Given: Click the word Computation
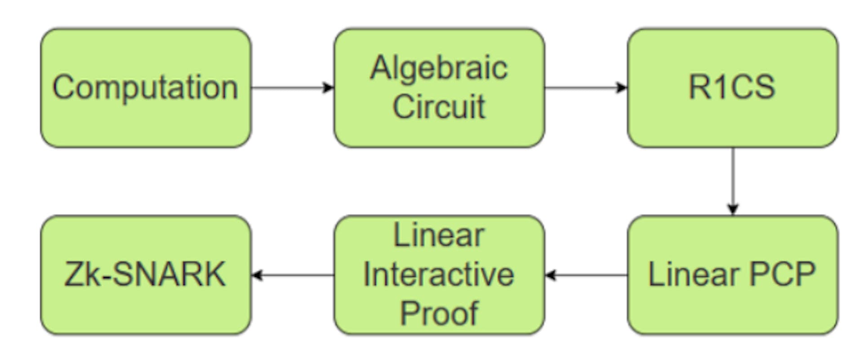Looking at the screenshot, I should pyautogui.click(x=145, y=87).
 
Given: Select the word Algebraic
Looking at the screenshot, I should pyautogui.click(x=439, y=68).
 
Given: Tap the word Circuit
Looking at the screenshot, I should pyautogui.click(x=439, y=107).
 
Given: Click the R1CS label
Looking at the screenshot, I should pyautogui.click(x=732, y=87).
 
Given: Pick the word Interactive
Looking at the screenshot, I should pyautogui.click(x=439, y=275).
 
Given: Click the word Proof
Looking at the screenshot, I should pyautogui.click(x=439, y=313).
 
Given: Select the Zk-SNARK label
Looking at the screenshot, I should pyautogui.click(x=145, y=275).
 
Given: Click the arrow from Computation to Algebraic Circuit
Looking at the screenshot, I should pyautogui.click(x=292, y=87).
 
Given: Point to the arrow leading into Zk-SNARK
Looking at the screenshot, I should pyautogui.click(x=292, y=275).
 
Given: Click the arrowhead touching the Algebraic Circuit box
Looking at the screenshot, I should pyautogui.click(x=329, y=87).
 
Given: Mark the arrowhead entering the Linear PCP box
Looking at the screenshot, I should pyautogui.click(x=733, y=209).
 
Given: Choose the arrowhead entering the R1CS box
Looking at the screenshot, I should pyautogui.click(x=622, y=87).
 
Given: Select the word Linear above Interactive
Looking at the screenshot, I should pyautogui.click(x=439, y=235).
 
